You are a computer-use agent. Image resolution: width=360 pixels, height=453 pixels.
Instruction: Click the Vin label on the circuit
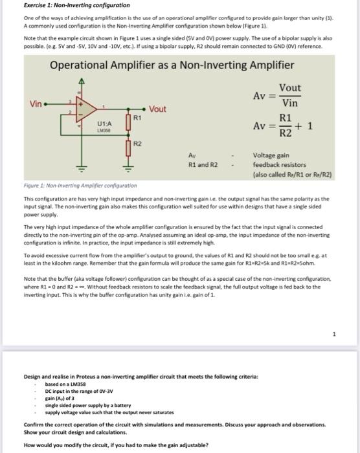click(x=37, y=104)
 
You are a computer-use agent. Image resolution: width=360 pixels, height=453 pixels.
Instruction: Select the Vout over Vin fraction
click(x=290, y=96)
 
